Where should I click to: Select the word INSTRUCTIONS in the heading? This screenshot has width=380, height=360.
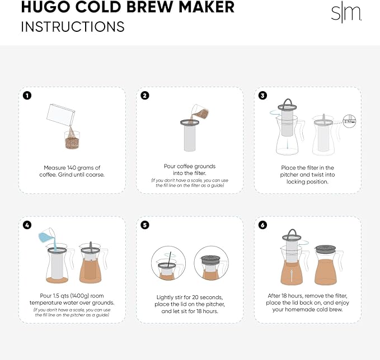click(x=73, y=26)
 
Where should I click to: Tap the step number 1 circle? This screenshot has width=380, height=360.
click(x=26, y=95)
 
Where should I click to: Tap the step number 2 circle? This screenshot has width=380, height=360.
click(x=145, y=95)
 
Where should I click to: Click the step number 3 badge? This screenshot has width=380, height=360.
click(x=262, y=95)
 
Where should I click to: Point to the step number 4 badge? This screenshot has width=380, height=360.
click(x=26, y=225)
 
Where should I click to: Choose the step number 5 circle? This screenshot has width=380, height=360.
click(x=145, y=225)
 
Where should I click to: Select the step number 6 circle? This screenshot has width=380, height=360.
click(x=262, y=225)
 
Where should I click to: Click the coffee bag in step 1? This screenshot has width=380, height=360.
click(x=60, y=117)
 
